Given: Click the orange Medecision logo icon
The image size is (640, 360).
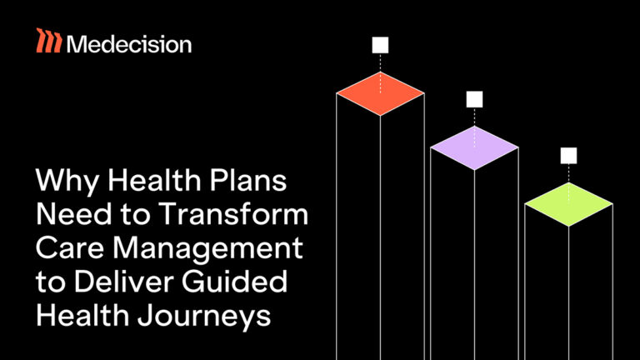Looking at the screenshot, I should (48, 41).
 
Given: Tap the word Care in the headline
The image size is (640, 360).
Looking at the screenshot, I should (70, 247).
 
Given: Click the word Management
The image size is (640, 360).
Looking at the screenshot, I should (207, 248).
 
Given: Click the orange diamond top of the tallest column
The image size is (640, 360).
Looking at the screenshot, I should (380, 92).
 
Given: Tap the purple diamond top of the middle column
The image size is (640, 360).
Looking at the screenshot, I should (474, 148).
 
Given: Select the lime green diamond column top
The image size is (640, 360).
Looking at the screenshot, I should (568, 203).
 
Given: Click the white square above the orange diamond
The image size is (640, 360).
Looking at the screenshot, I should (380, 45).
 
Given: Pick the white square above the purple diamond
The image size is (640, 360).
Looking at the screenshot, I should (474, 100).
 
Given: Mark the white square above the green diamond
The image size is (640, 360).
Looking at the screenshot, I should (568, 155).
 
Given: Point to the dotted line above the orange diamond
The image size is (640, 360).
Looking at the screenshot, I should (380, 63).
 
